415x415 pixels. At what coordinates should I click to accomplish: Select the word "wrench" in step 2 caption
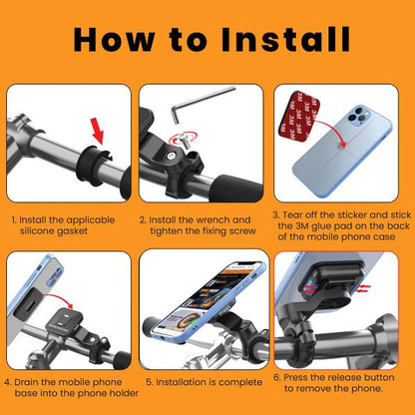point(229,218)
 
